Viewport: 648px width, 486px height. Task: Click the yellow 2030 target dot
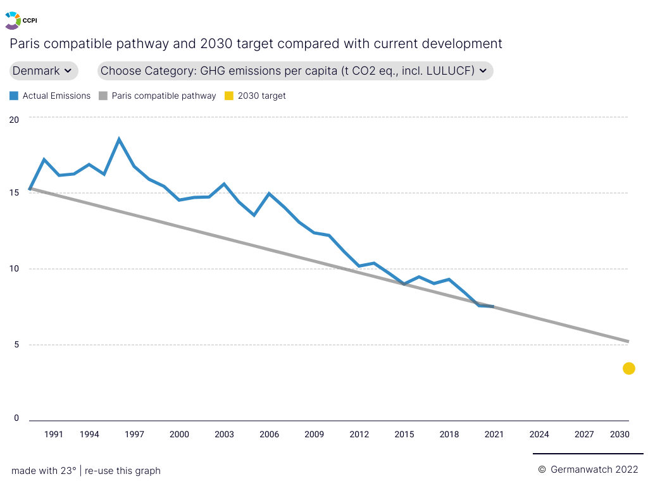tap(628, 368)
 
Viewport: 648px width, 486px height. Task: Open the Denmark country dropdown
tap(44, 71)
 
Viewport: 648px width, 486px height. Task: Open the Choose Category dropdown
tap(295, 71)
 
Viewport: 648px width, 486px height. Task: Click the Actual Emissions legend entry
tap(51, 96)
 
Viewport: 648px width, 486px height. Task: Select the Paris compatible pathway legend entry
tap(158, 96)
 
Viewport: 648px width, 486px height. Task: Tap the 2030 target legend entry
tap(256, 96)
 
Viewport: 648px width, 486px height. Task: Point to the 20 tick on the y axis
tap(15, 119)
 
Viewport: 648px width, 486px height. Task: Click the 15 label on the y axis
tap(15, 193)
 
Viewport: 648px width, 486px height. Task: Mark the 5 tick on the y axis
tap(16, 345)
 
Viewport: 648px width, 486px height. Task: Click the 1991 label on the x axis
tap(54, 434)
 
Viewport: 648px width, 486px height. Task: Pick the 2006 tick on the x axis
tap(270, 434)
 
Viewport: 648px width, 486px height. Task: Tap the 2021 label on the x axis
tap(494, 434)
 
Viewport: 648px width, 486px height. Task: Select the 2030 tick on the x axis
tap(620, 434)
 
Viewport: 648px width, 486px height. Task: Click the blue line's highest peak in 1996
tap(119, 139)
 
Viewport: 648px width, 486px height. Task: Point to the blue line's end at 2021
tap(493, 307)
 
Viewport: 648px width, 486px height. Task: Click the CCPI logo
tap(20, 20)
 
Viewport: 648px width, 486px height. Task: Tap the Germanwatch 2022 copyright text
tap(589, 470)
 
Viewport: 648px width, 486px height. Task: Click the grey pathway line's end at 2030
tap(628, 342)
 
